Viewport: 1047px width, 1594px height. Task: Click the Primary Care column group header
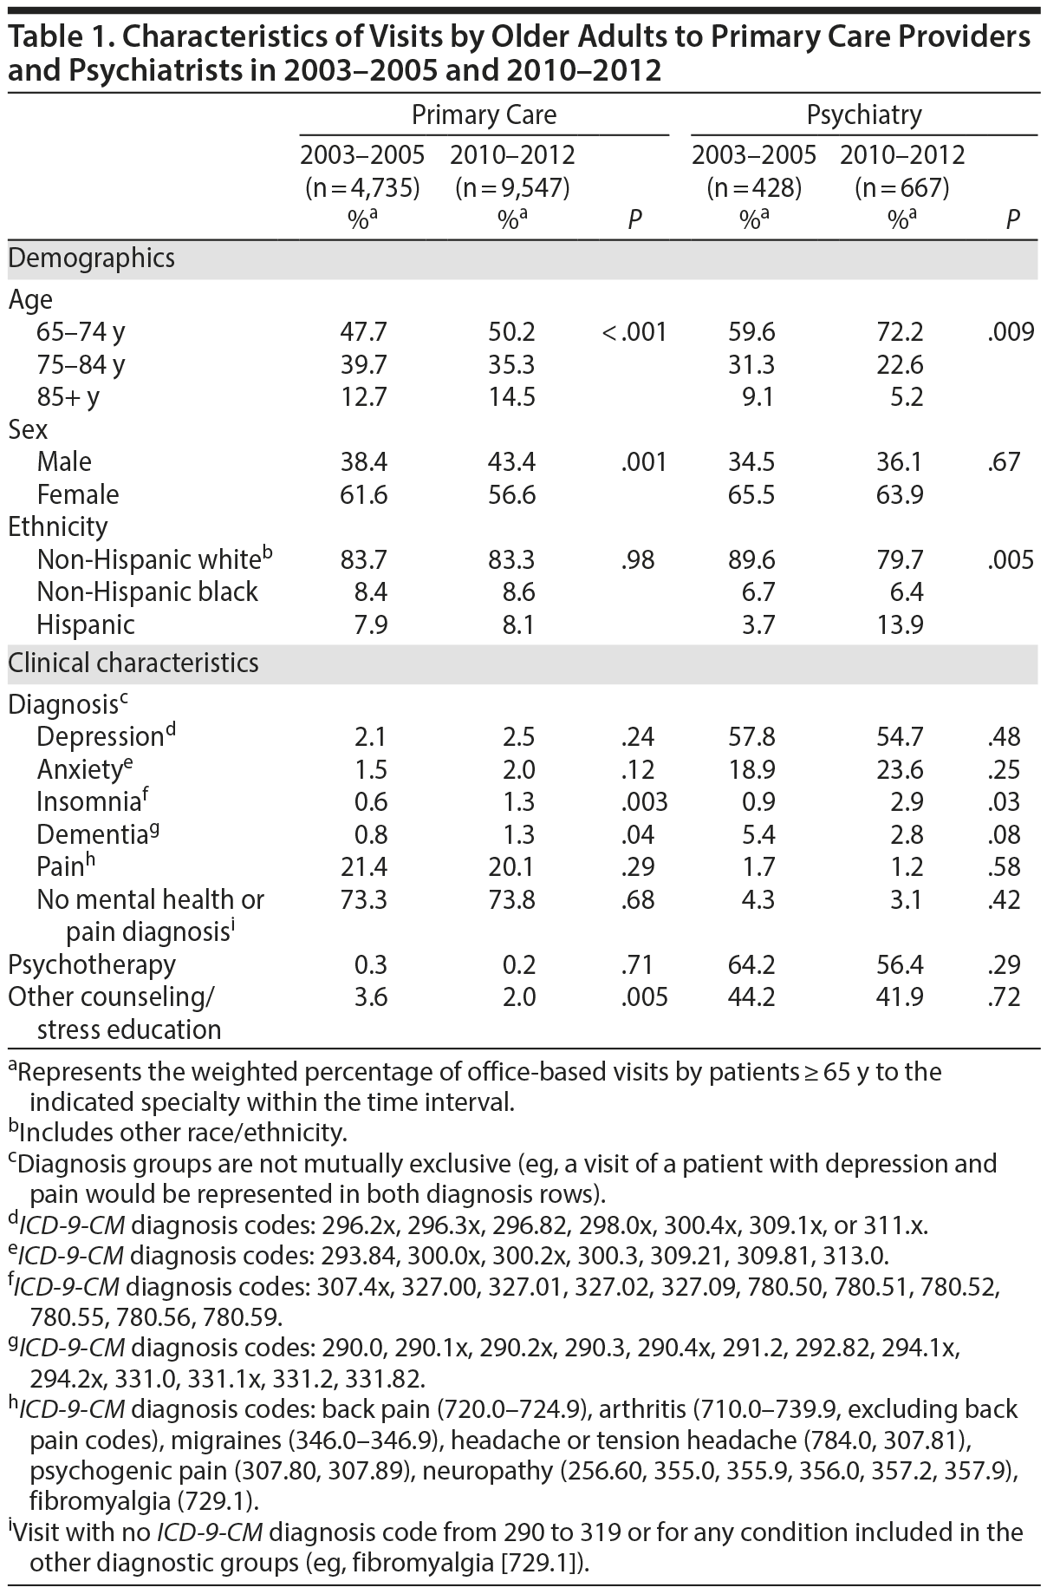pyautogui.click(x=484, y=114)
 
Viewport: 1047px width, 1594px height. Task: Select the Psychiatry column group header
pyautogui.click(x=863, y=114)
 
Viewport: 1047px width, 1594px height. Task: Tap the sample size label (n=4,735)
pyautogui.click(x=362, y=187)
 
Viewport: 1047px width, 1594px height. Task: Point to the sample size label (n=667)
pyautogui.click(x=902, y=187)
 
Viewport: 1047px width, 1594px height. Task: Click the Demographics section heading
pyautogui.click(x=91, y=258)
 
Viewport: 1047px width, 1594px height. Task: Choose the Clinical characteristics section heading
pyautogui.click(x=133, y=663)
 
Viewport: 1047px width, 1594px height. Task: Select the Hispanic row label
pyautogui.click(x=86, y=624)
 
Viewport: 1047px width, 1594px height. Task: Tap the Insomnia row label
pyautogui.click(x=88, y=802)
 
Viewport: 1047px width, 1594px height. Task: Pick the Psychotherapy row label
pyautogui.click(x=92, y=964)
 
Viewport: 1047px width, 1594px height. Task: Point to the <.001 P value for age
pyautogui.click(x=635, y=332)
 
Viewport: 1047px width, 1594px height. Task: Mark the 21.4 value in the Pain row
pyautogui.click(x=363, y=867)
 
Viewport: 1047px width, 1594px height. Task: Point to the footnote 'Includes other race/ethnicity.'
pyautogui.click(x=183, y=1132)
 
